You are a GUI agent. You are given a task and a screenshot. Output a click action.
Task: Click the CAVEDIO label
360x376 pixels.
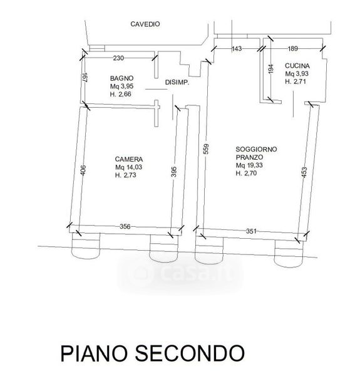click(145, 24)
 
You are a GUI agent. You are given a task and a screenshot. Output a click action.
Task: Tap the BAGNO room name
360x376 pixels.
click(121, 78)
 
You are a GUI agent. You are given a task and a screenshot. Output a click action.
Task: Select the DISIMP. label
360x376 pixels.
click(177, 83)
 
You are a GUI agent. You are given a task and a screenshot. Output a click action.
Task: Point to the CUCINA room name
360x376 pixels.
click(297, 66)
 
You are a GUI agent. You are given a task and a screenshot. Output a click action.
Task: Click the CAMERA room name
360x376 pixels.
click(129, 159)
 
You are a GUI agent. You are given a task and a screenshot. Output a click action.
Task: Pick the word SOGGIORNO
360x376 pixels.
click(256, 149)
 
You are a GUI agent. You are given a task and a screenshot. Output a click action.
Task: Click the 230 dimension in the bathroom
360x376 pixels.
click(118, 58)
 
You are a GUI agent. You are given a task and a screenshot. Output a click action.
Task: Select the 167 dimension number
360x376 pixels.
click(85, 78)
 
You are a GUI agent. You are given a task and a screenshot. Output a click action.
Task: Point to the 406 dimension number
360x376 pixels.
click(83, 170)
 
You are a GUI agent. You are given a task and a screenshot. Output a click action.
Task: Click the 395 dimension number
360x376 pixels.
click(174, 172)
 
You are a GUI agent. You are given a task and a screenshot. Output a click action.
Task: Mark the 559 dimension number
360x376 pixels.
click(206, 149)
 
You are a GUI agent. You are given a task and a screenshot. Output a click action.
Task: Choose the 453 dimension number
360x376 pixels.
click(304, 172)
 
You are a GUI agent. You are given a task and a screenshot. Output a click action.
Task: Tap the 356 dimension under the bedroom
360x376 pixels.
click(125, 226)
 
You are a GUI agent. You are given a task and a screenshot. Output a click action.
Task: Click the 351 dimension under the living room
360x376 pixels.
click(251, 231)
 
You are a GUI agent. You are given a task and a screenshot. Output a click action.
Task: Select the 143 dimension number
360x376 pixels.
click(237, 49)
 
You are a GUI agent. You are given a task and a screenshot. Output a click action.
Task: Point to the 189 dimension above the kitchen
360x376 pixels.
click(292, 49)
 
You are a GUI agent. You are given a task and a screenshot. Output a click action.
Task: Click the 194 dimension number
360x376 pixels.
click(270, 69)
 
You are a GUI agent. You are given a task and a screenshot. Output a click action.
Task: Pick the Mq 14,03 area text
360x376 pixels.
click(128, 167)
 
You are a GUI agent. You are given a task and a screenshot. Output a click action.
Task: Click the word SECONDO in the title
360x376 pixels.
click(190, 353)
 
